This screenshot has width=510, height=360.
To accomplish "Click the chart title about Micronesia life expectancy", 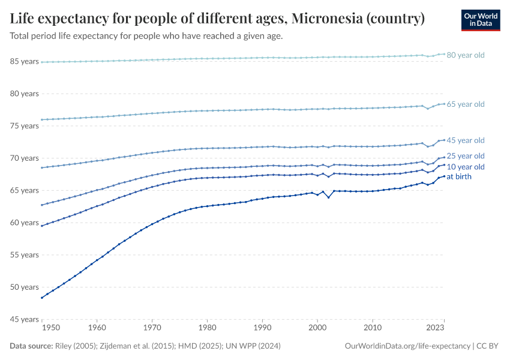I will [x=218, y=19].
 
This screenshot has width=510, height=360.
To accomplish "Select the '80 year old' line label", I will [x=466, y=55].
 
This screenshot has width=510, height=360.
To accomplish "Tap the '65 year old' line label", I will [x=466, y=104].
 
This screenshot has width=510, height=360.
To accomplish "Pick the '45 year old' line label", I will [x=466, y=140].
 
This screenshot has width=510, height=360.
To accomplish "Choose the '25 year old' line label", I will [x=466, y=156].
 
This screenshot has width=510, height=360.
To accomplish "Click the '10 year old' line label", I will [x=466, y=167].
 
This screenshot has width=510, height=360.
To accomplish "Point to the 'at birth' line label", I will [x=459, y=177].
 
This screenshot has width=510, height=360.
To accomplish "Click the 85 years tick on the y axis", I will [x=25, y=62].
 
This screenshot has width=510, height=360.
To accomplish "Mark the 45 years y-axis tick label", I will [x=25, y=319].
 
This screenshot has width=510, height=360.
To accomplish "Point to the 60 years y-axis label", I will [x=25, y=223].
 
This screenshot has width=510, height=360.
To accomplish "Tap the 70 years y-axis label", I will [x=25, y=158].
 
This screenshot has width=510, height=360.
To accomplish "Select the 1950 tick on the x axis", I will [x=50, y=329].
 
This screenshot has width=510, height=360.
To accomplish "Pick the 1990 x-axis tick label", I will [x=262, y=329].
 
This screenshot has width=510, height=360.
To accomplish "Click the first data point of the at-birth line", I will [x=41, y=298].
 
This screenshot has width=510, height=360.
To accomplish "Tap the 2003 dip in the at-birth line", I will [x=328, y=197].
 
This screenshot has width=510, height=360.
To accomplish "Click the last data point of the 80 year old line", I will [x=444, y=54].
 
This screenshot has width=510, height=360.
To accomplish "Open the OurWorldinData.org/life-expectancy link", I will [x=408, y=346].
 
